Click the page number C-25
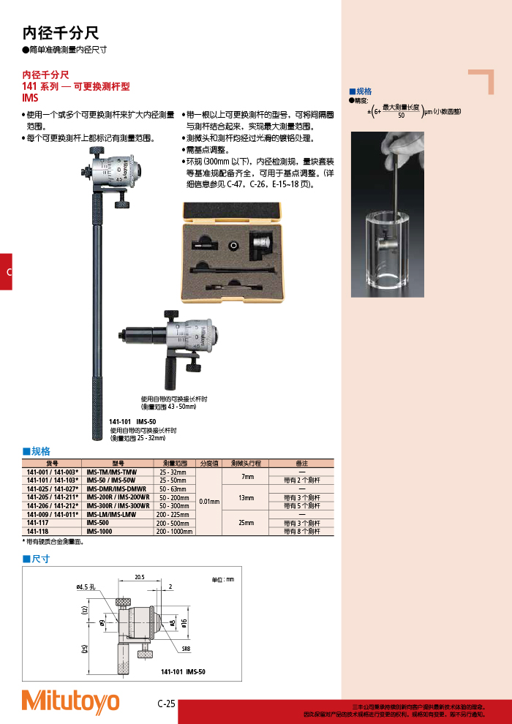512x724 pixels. pos(166,704)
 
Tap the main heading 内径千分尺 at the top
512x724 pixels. pos(61,33)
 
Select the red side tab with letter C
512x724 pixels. pos(6,272)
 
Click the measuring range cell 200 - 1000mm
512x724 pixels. pos(173,532)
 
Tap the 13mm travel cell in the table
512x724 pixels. pos(246,497)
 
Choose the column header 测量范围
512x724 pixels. pos(173,464)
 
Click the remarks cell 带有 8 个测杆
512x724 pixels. pos(301,532)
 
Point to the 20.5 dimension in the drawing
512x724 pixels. pos(139,577)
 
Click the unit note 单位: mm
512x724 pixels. pos(222,579)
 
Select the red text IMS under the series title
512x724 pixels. pos(30,97)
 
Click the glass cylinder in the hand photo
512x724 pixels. pos(387,249)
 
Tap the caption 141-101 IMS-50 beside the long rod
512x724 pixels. pos(132,422)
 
